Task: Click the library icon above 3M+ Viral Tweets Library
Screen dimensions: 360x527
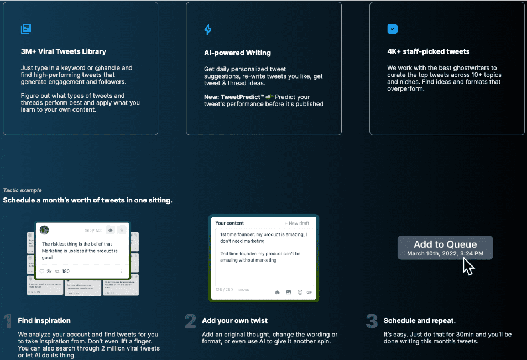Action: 25,29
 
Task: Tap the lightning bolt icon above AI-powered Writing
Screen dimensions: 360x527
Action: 208,29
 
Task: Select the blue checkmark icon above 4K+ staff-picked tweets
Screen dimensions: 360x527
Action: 392,29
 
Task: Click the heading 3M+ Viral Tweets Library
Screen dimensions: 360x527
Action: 63,51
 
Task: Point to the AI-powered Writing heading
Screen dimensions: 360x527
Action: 237,53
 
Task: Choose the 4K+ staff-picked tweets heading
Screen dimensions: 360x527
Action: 428,51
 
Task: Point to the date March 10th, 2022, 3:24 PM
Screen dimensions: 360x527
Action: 445,253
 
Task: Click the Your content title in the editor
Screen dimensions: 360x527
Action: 229,223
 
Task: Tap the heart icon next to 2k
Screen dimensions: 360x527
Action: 41,272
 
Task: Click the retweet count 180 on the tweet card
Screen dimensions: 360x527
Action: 65,272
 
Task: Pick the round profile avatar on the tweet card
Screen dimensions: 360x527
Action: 44,230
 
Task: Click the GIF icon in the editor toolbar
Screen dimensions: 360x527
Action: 309,292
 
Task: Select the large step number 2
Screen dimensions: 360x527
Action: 190,321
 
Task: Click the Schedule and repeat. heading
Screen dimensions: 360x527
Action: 419,321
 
